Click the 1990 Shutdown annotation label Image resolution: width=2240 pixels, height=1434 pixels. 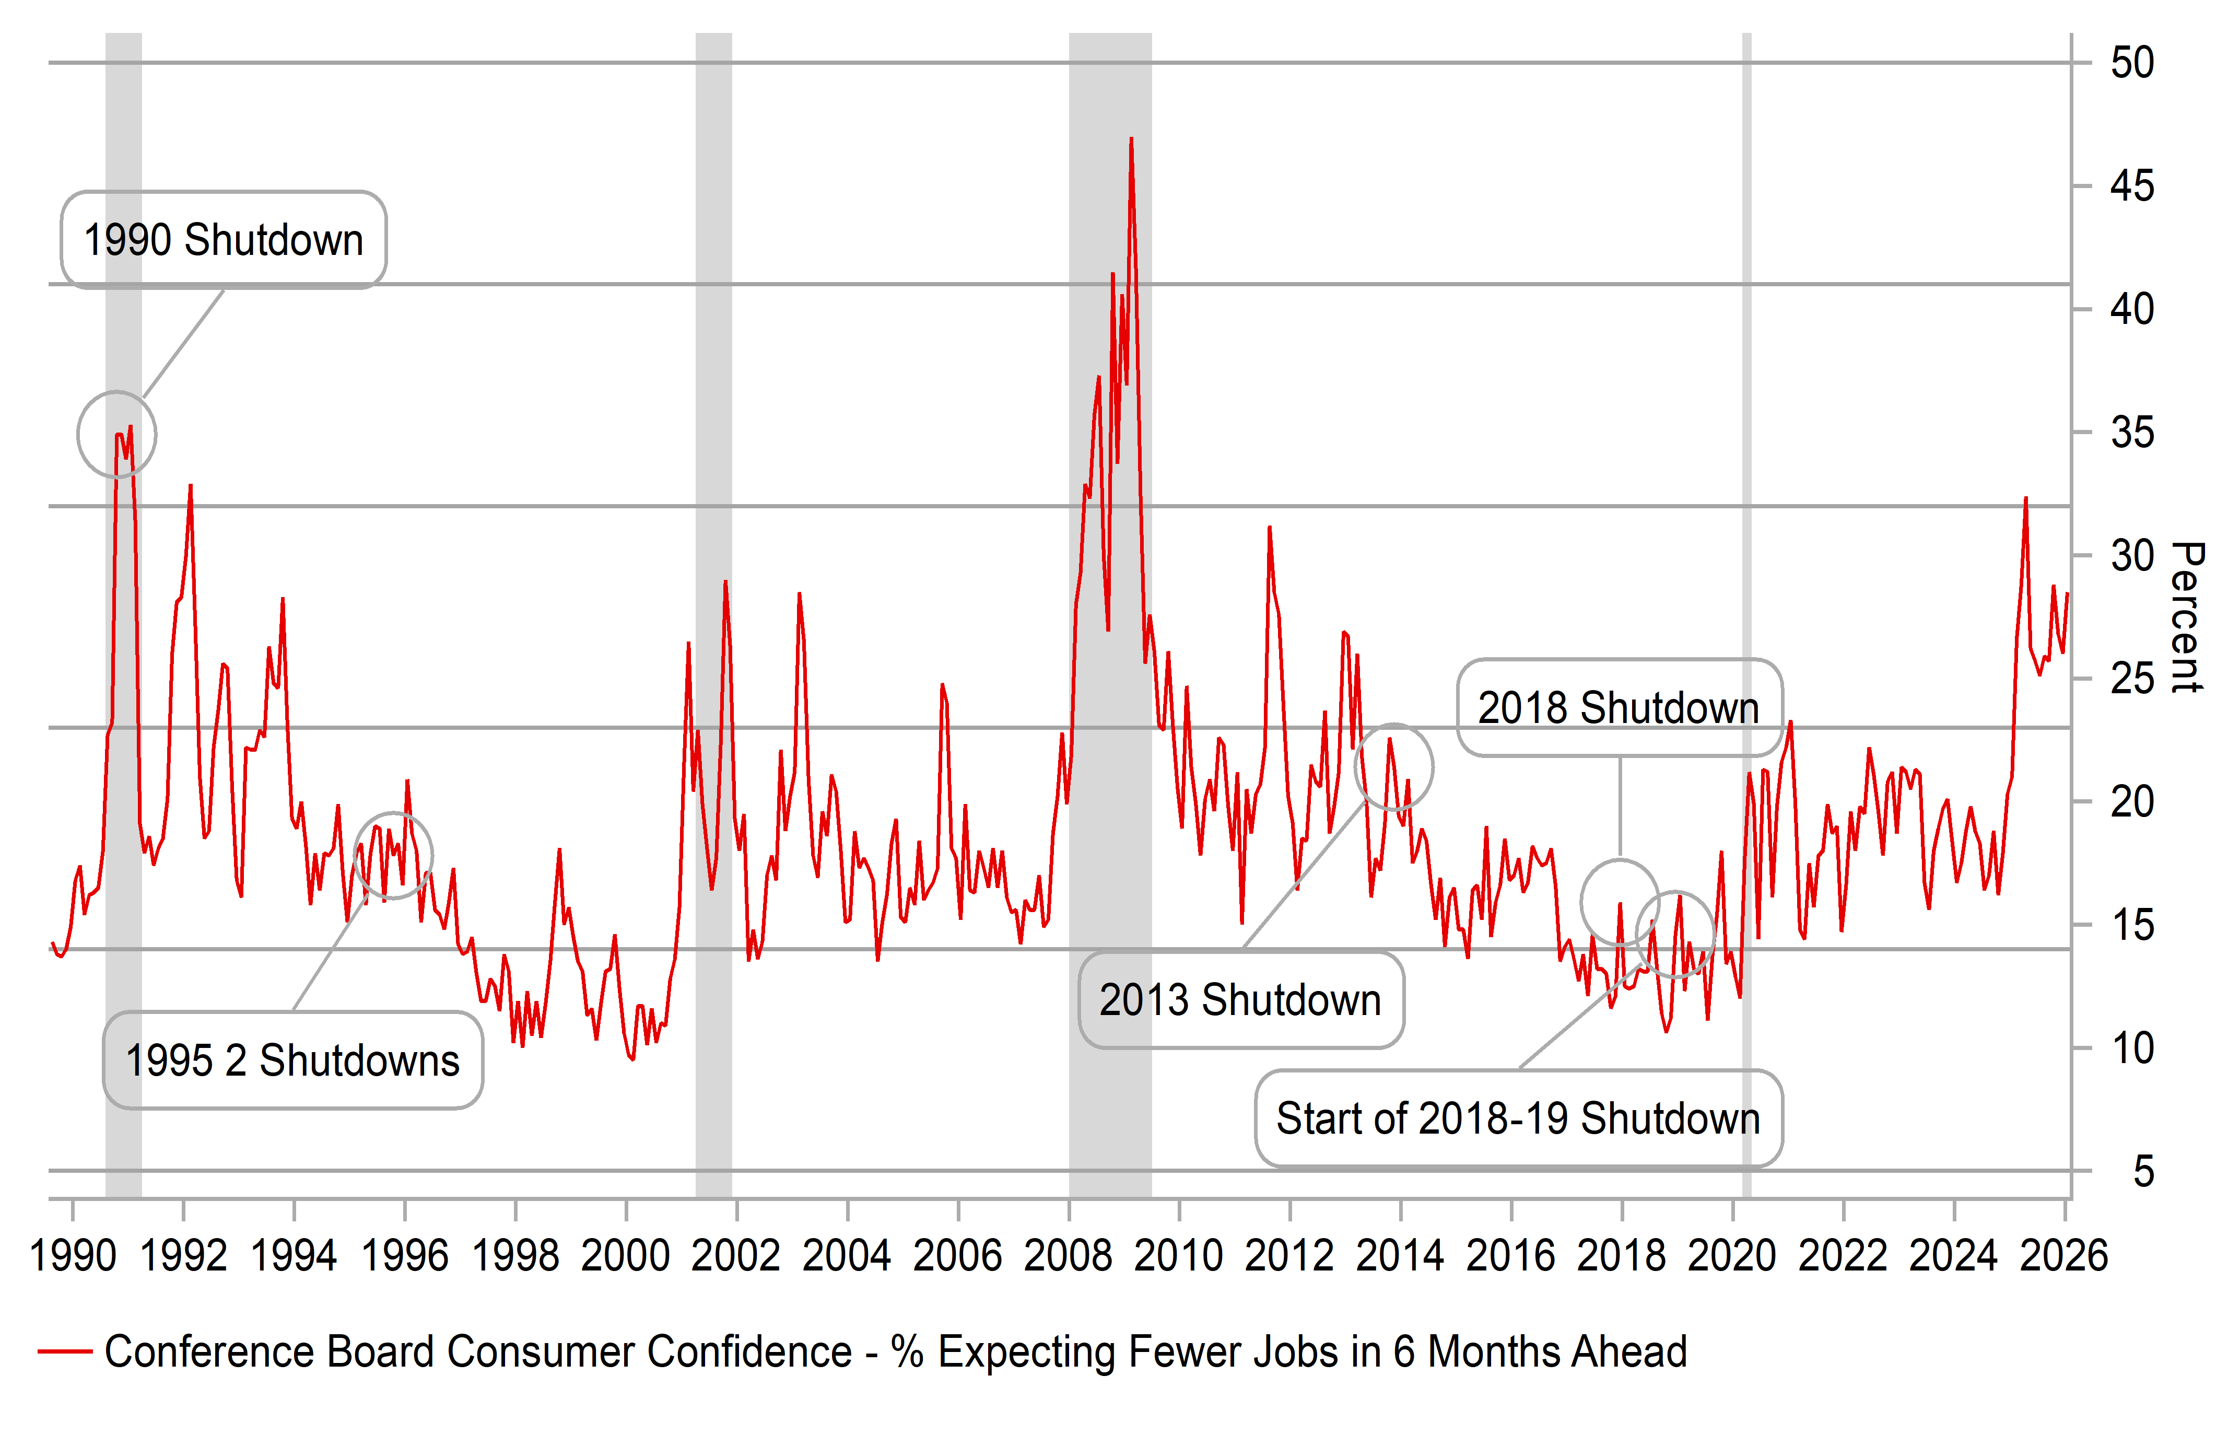[x=224, y=240]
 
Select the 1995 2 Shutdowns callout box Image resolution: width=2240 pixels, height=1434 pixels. [x=292, y=1060]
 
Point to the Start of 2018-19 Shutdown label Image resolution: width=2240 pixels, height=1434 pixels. [x=1518, y=1118]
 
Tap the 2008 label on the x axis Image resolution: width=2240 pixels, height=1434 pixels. [x=1068, y=1255]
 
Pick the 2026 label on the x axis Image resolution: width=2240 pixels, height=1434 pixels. [x=2063, y=1255]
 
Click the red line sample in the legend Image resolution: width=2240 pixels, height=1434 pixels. [x=65, y=1351]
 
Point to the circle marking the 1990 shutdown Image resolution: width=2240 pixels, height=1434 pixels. [x=116, y=434]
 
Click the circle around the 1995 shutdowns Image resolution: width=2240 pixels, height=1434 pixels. [x=393, y=855]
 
